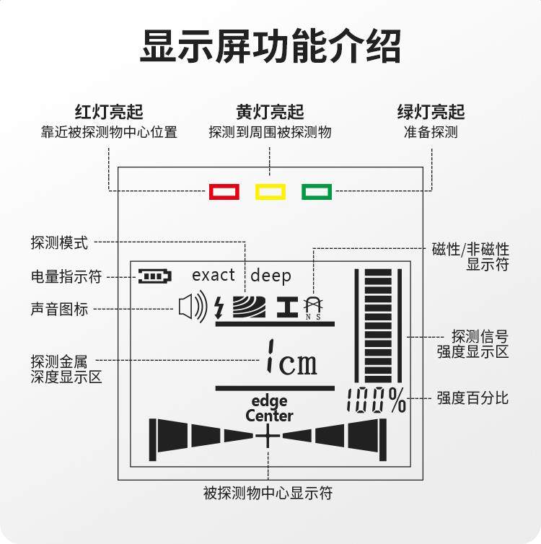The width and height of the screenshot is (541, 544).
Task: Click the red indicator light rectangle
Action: pyautogui.click(x=224, y=192)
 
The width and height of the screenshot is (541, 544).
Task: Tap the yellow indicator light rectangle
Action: pyautogui.click(x=270, y=192)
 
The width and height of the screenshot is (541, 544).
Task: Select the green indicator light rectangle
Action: pyautogui.click(x=317, y=192)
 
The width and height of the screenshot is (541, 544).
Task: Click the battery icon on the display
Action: pyautogui.click(x=156, y=276)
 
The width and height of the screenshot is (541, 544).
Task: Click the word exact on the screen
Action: pyautogui.click(x=214, y=275)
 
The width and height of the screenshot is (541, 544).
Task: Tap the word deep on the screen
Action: pyautogui.click(x=271, y=276)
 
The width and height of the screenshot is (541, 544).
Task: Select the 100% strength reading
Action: pyautogui.click(x=376, y=401)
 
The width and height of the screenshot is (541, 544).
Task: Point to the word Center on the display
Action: pyautogui.click(x=269, y=416)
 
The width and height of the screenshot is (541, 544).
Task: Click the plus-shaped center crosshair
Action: pyautogui.click(x=267, y=436)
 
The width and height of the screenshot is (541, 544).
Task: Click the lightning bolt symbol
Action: pyautogui.click(x=220, y=308)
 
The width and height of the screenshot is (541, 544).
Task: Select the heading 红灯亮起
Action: pyautogui.click(x=109, y=112)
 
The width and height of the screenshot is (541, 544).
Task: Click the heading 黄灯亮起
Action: pyautogui.click(x=270, y=112)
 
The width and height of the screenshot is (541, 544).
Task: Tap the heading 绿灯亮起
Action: pyautogui.click(x=431, y=112)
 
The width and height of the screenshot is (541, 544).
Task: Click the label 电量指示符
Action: pyautogui.click(x=66, y=276)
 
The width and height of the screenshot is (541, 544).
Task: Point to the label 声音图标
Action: pyautogui.click(x=59, y=309)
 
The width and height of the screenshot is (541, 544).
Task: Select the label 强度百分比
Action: pyautogui.click(x=472, y=398)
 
